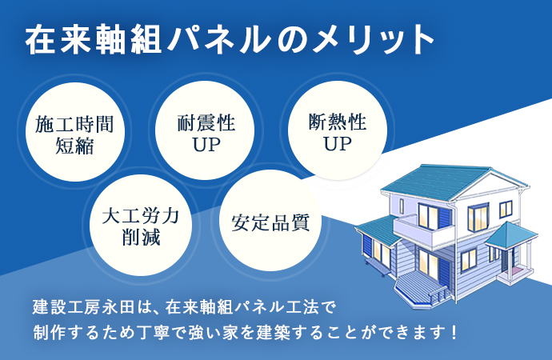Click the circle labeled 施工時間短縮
(75, 132)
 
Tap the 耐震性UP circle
(205, 130)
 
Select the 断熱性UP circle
(338, 130)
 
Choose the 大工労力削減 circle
(141, 226)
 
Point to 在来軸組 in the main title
(94, 39)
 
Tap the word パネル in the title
(219, 39)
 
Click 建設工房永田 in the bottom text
(83, 306)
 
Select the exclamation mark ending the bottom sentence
(454, 332)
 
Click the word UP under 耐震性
(206, 144)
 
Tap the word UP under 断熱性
(338, 143)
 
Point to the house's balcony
(423, 231)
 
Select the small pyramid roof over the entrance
(510, 234)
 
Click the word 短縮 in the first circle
(75, 145)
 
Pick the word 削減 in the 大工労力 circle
(141, 237)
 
